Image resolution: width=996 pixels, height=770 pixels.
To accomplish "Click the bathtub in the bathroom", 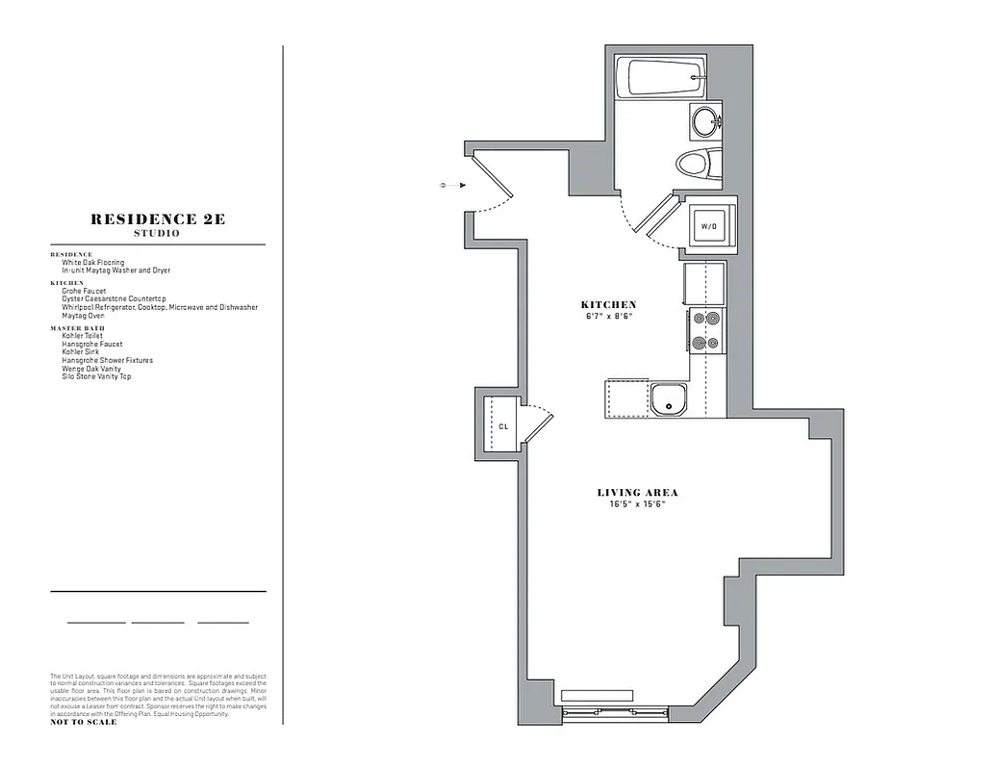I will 665,77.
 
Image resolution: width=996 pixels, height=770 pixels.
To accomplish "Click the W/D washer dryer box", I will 709,226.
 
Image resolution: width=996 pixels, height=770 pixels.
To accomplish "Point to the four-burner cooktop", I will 705,331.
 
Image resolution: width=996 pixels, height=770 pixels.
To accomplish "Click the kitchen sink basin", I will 667,399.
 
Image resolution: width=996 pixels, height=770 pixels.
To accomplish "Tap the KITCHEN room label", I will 609,305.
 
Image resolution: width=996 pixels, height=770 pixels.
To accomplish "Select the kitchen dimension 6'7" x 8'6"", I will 609,316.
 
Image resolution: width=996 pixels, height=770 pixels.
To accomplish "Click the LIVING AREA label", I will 637,493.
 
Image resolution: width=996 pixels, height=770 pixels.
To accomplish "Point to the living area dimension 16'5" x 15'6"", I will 637,504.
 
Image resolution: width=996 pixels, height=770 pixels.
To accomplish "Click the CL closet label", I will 502,426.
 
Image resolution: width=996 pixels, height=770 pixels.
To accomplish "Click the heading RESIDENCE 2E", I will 158,219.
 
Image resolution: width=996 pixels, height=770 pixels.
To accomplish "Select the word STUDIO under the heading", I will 158,234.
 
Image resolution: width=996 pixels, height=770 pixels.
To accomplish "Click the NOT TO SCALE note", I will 84,722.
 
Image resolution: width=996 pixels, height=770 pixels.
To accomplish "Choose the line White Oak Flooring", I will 93,263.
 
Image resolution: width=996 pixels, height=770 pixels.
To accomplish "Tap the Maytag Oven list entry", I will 84,315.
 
